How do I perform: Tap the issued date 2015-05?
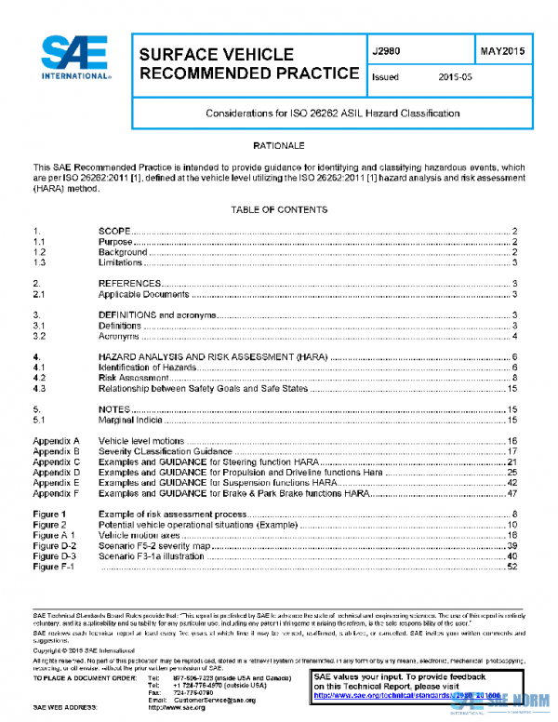456,77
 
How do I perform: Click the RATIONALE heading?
279,147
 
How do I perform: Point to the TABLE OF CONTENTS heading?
279,210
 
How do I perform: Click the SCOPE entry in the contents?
114,230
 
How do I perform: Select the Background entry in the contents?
123,252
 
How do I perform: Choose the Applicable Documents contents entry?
144,294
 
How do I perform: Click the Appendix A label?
57,440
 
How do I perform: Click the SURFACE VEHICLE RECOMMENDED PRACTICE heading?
248,64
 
